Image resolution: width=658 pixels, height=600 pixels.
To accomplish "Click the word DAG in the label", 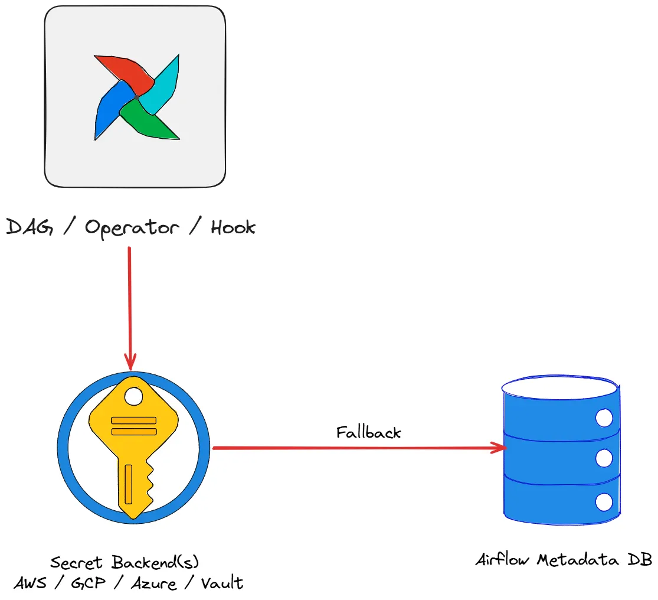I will (30, 227).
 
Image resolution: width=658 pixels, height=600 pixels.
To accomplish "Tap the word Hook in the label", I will (233, 227).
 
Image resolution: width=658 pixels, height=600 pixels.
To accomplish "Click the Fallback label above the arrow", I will (368, 432).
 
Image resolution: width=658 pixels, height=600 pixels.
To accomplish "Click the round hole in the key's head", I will (134, 397).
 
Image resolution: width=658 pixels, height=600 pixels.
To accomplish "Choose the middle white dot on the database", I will (603, 458).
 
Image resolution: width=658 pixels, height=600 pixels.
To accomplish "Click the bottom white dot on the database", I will (603, 502).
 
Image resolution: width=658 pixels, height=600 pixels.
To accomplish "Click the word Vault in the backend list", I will (222, 583).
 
